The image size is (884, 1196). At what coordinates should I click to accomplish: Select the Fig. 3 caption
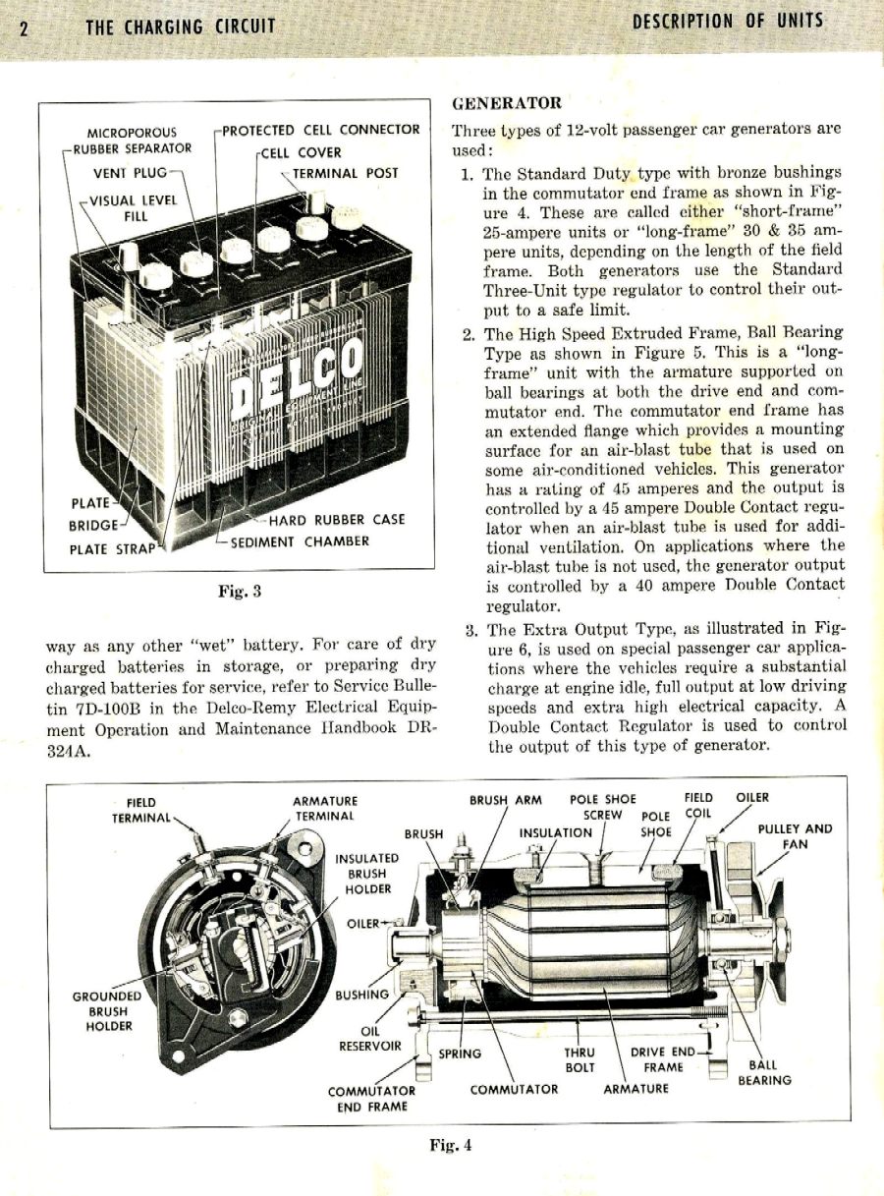(239, 591)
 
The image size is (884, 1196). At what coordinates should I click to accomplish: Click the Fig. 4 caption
(451, 1144)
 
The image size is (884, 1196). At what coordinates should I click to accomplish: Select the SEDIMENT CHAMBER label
(300, 541)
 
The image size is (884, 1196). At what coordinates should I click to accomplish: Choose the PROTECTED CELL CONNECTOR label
(321, 130)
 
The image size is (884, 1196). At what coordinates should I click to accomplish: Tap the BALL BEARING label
(764, 1072)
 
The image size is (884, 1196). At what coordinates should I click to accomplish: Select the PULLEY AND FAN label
(795, 836)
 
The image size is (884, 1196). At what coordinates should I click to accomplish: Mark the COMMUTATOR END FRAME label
(371, 1098)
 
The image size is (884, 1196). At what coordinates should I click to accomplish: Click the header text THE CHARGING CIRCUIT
(180, 27)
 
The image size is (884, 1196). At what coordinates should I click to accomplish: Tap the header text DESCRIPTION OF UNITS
(728, 21)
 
